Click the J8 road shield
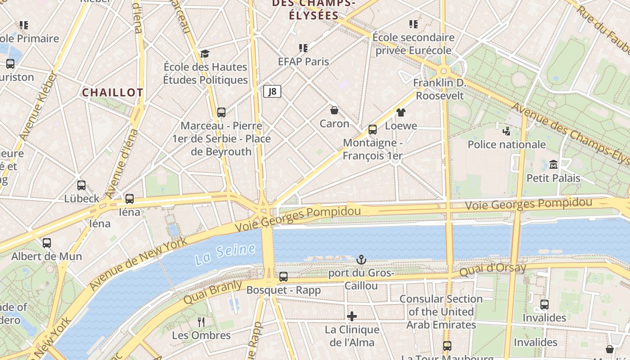[x=272, y=92]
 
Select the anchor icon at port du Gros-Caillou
[x=361, y=260]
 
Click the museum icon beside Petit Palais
[x=553, y=165]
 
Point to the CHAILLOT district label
[x=112, y=93]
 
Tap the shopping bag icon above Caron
[x=334, y=110]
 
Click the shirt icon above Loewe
[x=400, y=112]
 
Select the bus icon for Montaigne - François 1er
[x=373, y=130]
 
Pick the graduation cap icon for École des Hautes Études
[x=205, y=54]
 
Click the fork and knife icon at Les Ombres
[x=201, y=322]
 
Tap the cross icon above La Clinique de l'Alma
[x=352, y=316]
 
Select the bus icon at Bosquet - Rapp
[x=283, y=277]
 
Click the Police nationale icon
[x=506, y=131]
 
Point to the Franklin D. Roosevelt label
[x=439, y=89]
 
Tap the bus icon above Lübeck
[x=81, y=185]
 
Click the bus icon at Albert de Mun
[x=47, y=243]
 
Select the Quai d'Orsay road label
[x=492, y=270]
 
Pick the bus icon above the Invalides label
[x=544, y=305]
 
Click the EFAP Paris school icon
[x=303, y=48]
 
